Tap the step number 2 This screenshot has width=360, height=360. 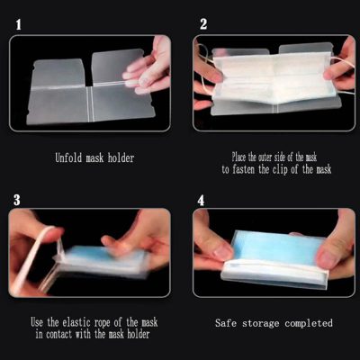pos(203,23)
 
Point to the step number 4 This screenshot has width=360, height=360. pos(202,199)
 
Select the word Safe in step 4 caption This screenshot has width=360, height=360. pos(227,322)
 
